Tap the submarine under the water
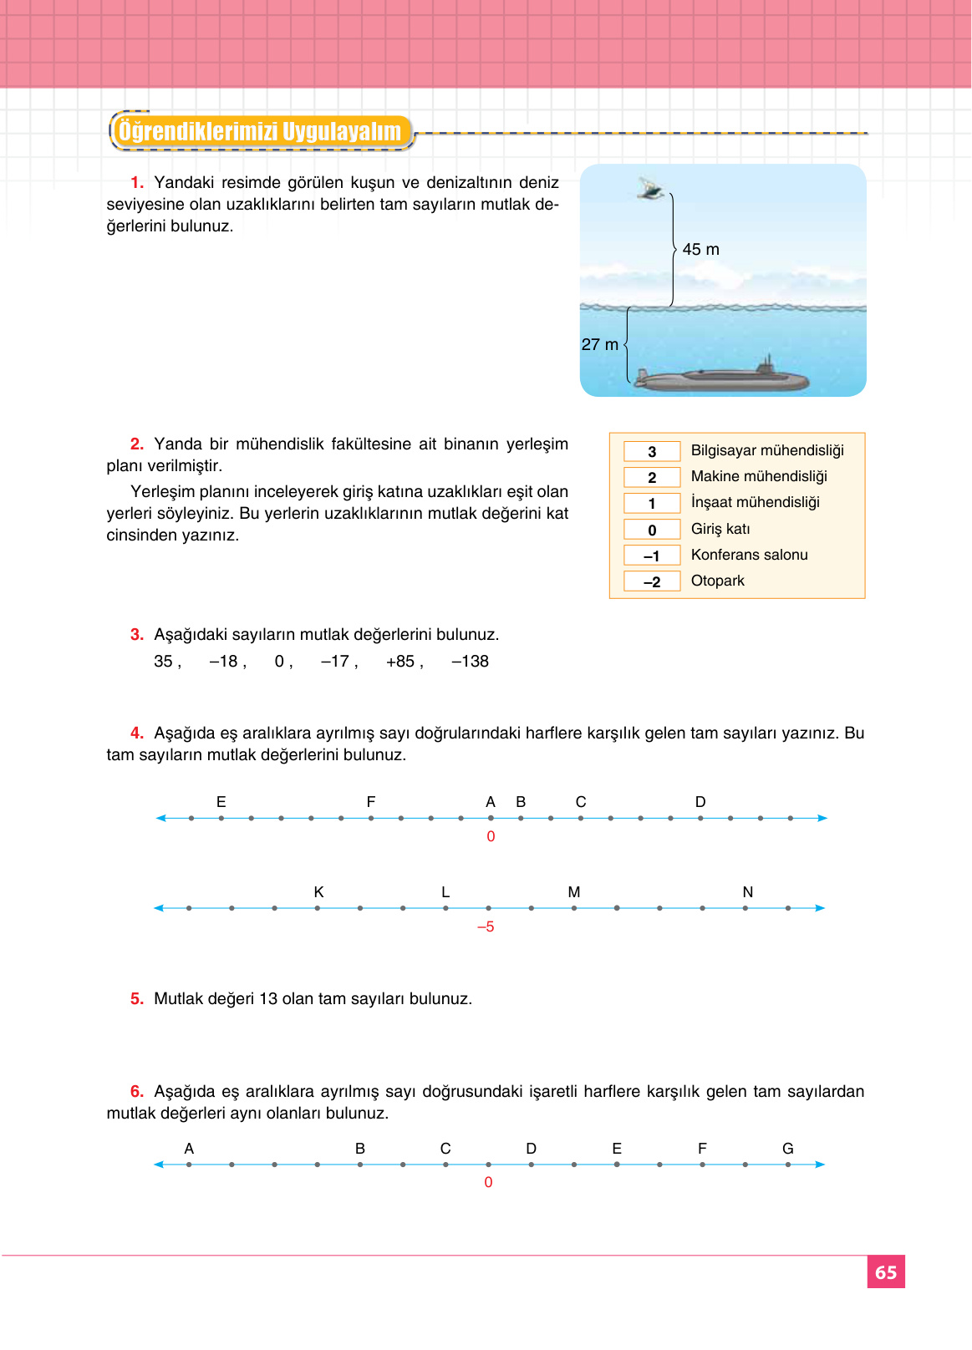click(x=720, y=378)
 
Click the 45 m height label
click(x=700, y=250)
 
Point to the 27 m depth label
click(x=599, y=344)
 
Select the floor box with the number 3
click(x=652, y=452)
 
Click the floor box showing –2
click(x=652, y=581)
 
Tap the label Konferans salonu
click(x=749, y=555)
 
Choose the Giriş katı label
click(x=720, y=529)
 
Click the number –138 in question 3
click(x=470, y=662)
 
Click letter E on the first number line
click(x=221, y=802)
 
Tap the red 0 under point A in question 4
click(x=491, y=836)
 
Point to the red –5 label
click(x=486, y=926)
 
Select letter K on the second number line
click(x=318, y=892)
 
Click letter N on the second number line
click(x=747, y=892)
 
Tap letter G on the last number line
click(x=787, y=1149)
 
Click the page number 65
click(x=886, y=1272)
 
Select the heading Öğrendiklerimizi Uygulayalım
click(x=260, y=132)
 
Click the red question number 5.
click(x=137, y=999)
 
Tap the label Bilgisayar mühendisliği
click(x=766, y=450)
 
